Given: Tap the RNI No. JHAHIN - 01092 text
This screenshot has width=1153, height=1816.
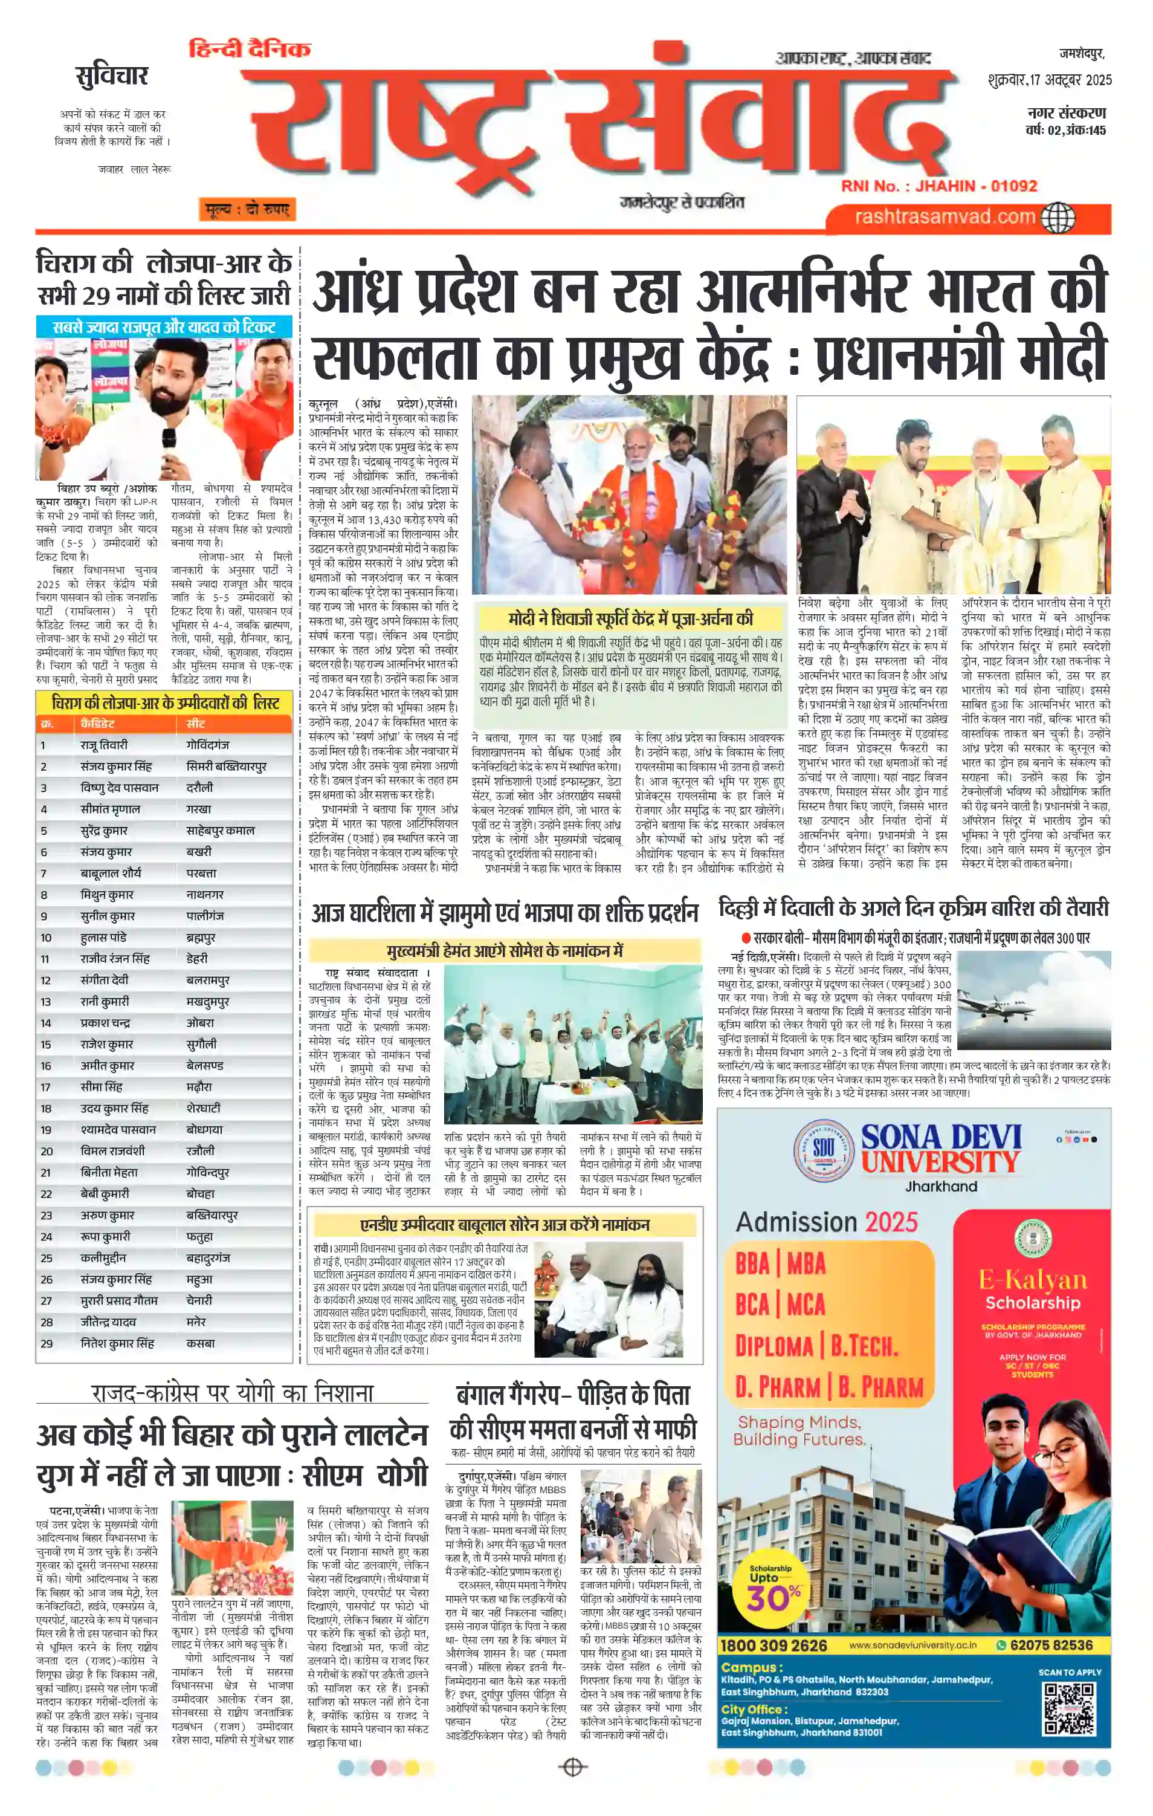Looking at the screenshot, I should click(x=940, y=186).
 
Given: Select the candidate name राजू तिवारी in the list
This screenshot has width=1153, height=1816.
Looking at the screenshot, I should click(x=104, y=744).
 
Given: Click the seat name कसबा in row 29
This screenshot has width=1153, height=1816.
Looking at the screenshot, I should click(x=201, y=1343).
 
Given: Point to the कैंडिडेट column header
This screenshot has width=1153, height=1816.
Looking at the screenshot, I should click(x=97, y=723).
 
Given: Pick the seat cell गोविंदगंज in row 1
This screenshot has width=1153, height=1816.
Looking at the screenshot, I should click(x=207, y=744).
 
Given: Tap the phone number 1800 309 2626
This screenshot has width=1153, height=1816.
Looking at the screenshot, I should click(x=774, y=1646).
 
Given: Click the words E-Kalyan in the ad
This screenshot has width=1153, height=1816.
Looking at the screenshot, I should click(x=1032, y=1280).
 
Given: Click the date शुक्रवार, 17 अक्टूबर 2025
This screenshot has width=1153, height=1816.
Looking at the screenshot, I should click(x=1049, y=80).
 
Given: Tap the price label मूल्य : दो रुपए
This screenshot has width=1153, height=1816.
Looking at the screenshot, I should click(x=246, y=210).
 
